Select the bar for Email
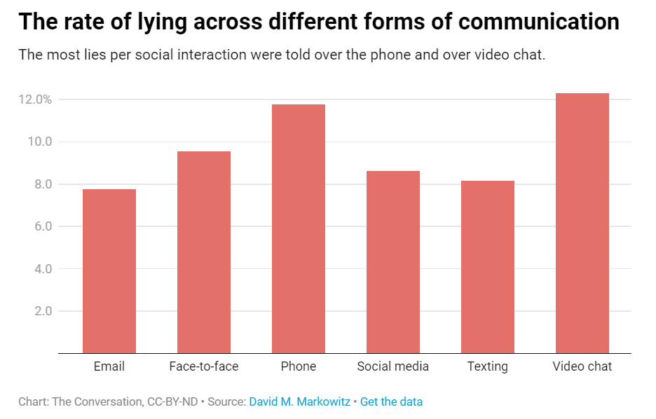click(109, 271)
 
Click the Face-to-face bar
click(204, 252)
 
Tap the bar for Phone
click(299, 228)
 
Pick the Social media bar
click(393, 262)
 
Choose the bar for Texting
click(488, 267)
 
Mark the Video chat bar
click(582, 223)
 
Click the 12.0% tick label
click(35, 99)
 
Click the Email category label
click(109, 366)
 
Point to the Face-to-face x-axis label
click(204, 366)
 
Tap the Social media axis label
click(393, 366)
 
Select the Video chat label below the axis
click(582, 366)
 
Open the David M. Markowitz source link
click(299, 402)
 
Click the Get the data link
click(391, 402)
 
